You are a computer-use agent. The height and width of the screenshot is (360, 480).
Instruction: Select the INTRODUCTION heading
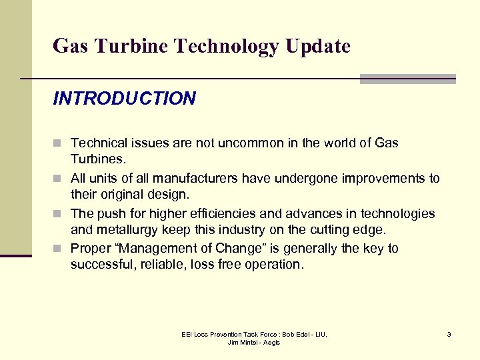coord(125,99)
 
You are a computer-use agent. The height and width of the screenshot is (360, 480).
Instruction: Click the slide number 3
coord(449,334)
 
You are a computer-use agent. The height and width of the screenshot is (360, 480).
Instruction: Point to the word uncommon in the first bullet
coord(253,143)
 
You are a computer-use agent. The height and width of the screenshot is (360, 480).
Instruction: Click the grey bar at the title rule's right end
coord(407,79)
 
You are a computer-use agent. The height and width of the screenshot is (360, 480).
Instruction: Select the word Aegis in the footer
coord(272,343)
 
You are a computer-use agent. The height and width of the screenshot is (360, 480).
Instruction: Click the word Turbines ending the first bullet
coord(97,160)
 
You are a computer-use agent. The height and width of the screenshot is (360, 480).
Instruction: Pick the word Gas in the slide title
coord(69,47)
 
